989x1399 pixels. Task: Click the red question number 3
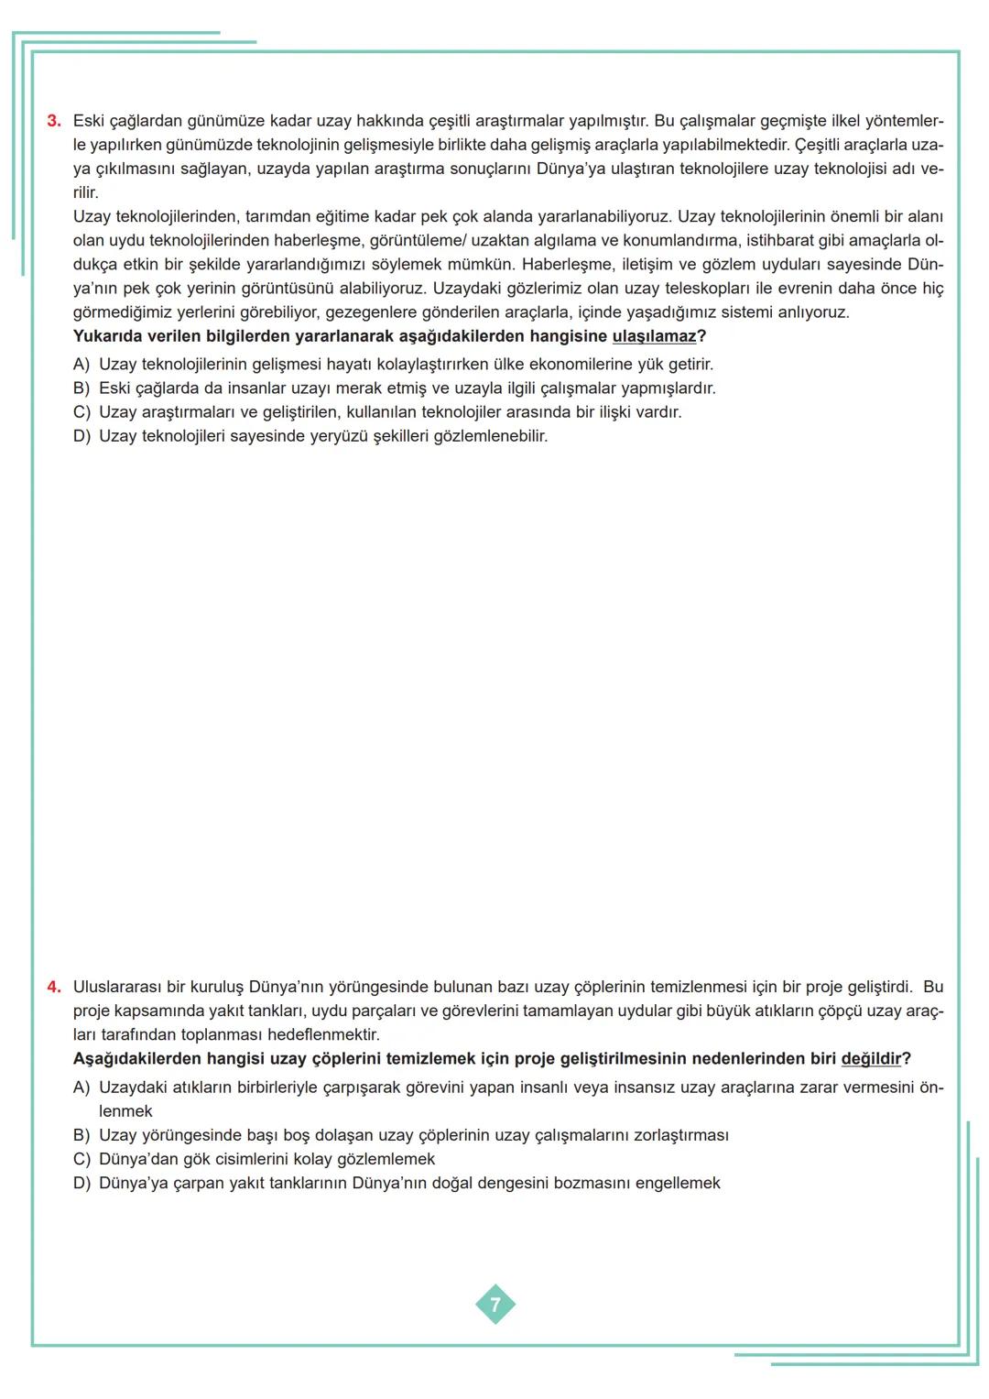point(53,121)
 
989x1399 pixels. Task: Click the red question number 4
point(53,987)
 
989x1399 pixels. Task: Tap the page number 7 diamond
point(495,1305)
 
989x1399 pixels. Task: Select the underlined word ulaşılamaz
point(654,336)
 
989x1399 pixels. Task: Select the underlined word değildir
point(871,1059)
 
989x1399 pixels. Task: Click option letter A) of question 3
point(82,365)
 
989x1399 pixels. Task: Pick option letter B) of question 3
point(82,388)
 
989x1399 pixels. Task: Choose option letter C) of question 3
point(82,412)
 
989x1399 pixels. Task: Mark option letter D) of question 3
point(82,436)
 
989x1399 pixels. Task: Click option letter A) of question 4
point(82,1088)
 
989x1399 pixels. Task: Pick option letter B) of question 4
point(82,1135)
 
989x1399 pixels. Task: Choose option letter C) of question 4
point(82,1159)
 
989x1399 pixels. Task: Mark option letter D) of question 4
point(82,1183)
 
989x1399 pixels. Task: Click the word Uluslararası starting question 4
point(117,987)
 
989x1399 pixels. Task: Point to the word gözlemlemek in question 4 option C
point(386,1159)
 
